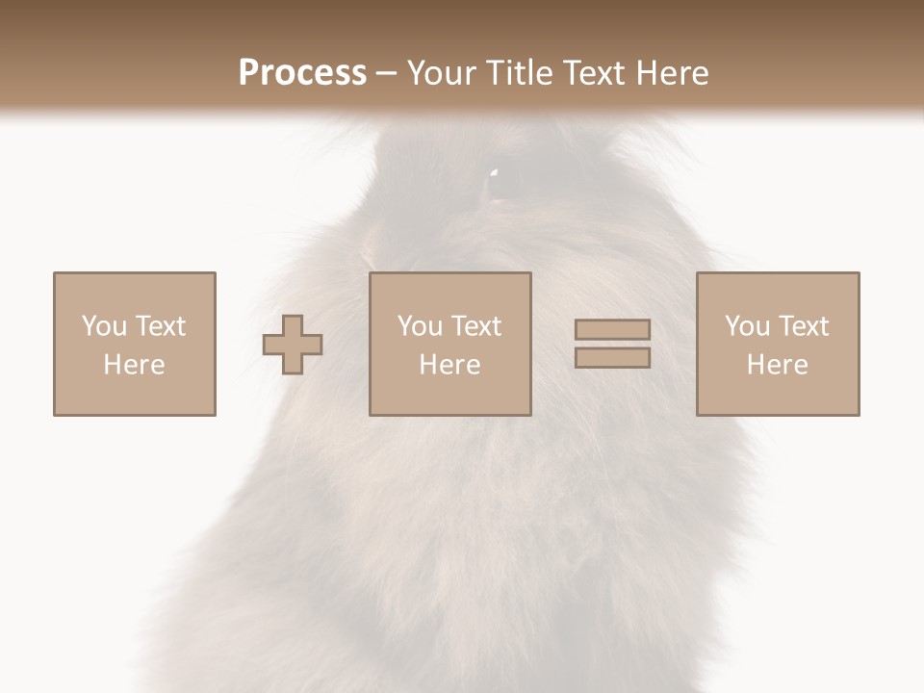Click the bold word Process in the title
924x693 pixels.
pyautogui.click(x=302, y=73)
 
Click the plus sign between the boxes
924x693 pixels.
pyautogui.click(x=293, y=344)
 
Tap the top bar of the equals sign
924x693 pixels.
pyautogui.click(x=612, y=329)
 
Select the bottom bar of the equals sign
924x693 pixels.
pyautogui.click(x=612, y=358)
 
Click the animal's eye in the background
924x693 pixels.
pyautogui.click(x=499, y=183)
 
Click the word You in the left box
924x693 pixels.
pyautogui.click(x=104, y=326)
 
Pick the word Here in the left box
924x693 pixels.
pyautogui.click(x=134, y=365)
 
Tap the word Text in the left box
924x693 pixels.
pyautogui.click(x=159, y=326)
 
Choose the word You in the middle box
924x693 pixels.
pyautogui.click(x=420, y=326)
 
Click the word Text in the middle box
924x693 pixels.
pyautogui.click(x=475, y=326)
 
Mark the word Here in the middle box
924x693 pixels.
pyautogui.click(x=449, y=365)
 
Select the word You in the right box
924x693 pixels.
pyautogui.click(x=747, y=326)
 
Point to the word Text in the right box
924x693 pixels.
pyautogui.click(x=802, y=326)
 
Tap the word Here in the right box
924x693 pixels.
pyautogui.click(x=777, y=365)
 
